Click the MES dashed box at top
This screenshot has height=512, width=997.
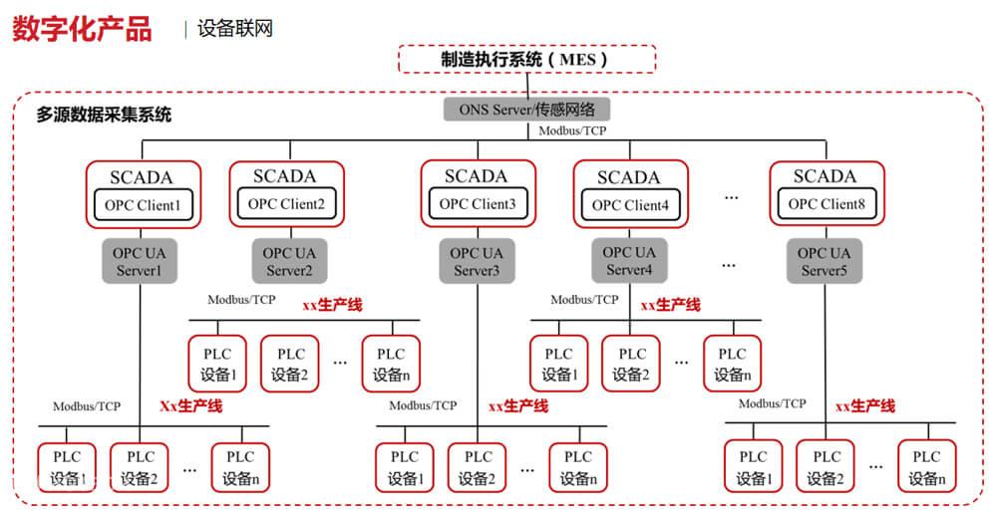click(x=526, y=59)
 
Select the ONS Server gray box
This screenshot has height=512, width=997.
click(x=526, y=109)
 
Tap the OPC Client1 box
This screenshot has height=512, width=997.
click(x=144, y=207)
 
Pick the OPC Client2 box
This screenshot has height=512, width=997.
click(x=286, y=205)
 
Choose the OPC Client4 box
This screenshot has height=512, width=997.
click(x=631, y=206)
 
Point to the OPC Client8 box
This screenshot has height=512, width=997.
click(x=827, y=204)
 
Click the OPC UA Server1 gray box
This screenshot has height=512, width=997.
click(x=141, y=262)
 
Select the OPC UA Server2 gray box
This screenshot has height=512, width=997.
click(x=289, y=262)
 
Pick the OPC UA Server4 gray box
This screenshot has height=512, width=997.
click(x=630, y=261)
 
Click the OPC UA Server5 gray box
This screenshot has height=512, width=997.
click(x=826, y=262)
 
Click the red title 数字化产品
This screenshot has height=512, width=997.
click(x=83, y=29)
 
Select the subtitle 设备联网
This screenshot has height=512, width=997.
click(x=234, y=29)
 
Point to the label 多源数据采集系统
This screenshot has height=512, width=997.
click(x=104, y=115)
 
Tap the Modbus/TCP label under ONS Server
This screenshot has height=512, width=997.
click(x=572, y=130)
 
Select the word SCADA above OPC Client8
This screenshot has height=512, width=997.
click(x=825, y=176)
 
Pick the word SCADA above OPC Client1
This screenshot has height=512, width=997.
click(x=142, y=177)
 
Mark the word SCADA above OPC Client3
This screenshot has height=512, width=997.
click(x=477, y=176)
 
